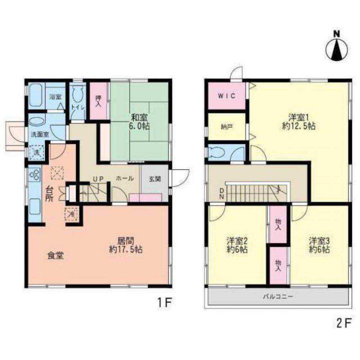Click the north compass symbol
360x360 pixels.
pyautogui.click(x=337, y=47)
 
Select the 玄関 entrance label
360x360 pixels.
pyautogui.click(x=155, y=179)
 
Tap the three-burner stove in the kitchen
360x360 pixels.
pyautogui.click(x=35, y=175)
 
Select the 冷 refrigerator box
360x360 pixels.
pyautogui.click(x=72, y=214)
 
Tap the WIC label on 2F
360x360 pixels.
pyautogui.click(x=226, y=96)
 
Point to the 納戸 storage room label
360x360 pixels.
pyautogui.click(x=226, y=127)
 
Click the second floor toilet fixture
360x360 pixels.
pyautogui.click(x=217, y=152)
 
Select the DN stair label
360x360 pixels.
pyautogui.click(x=222, y=194)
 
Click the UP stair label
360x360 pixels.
pyautogui.click(x=98, y=179)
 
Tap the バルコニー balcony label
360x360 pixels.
pyautogui.click(x=278, y=296)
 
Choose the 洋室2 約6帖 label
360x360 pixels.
pyautogui.click(x=237, y=245)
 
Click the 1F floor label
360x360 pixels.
pyautogui.click(x=165, y=303)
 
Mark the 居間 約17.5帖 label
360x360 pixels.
pyautogui.click(x=125, y=245)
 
